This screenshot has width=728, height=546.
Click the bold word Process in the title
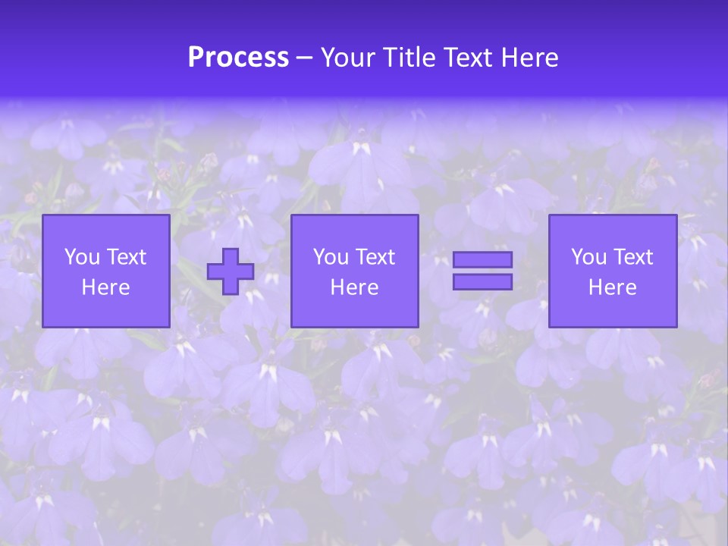[238, 58]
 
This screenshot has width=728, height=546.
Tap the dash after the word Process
[305, 58]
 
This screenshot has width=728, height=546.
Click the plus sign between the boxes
[231, 271]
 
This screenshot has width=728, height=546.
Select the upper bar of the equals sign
[482, 260]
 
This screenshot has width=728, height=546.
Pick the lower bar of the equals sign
[482, 281]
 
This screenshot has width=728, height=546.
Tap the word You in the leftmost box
[82, 257]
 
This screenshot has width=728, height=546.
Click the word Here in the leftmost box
[106, 287]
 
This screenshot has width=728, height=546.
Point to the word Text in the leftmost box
[126, 257]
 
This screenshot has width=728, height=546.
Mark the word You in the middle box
[331, 257]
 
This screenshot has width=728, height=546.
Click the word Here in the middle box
[355, 287]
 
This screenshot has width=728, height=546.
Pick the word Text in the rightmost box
[632, 257]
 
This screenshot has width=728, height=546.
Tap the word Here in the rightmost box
[613, 287]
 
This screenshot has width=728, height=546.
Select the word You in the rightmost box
[588, 257]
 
